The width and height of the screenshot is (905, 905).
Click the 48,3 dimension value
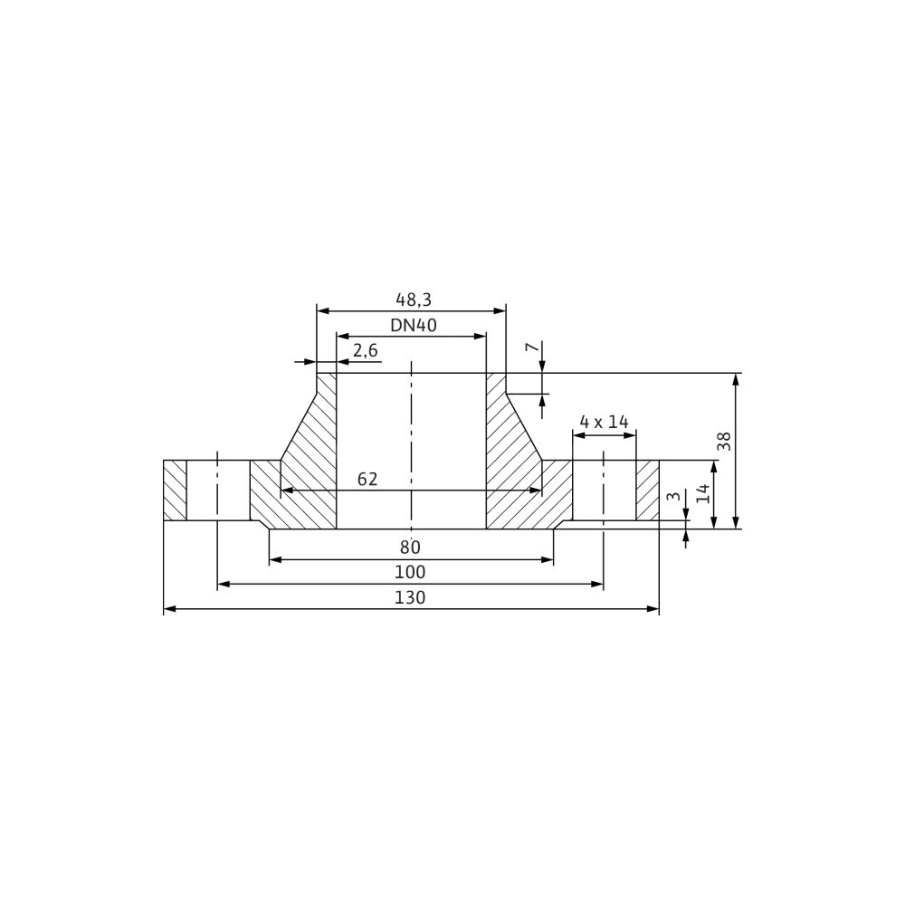(414, 300)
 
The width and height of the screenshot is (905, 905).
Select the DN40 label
(414, 326)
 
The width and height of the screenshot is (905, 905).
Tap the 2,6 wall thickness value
(365, 350)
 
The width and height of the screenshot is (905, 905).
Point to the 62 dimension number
(367, 479)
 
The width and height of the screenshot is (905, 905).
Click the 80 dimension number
(410, 547)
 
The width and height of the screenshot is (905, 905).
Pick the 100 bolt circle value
(410, 572)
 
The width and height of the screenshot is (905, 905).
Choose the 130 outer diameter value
(410, 597)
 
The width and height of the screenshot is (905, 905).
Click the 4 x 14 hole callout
(604, 422)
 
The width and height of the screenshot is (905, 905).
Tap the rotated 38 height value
(724, 442)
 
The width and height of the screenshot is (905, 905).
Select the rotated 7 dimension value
(532, 347)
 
